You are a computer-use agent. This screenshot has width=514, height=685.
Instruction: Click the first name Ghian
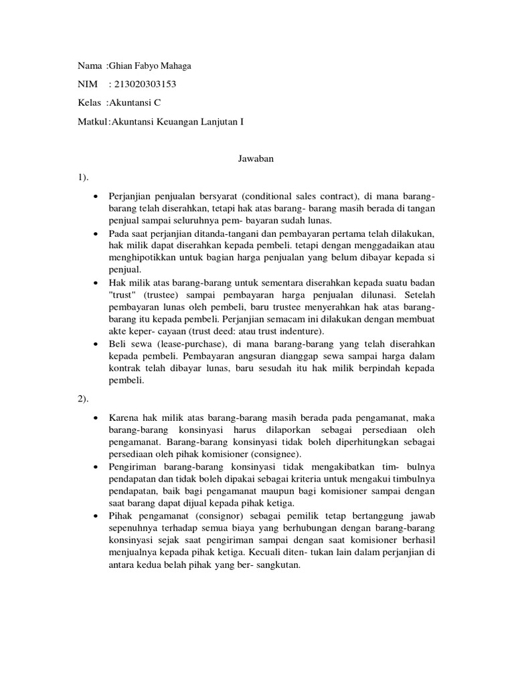point(122,65)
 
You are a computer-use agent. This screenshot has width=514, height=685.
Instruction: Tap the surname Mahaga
point(175,65)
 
